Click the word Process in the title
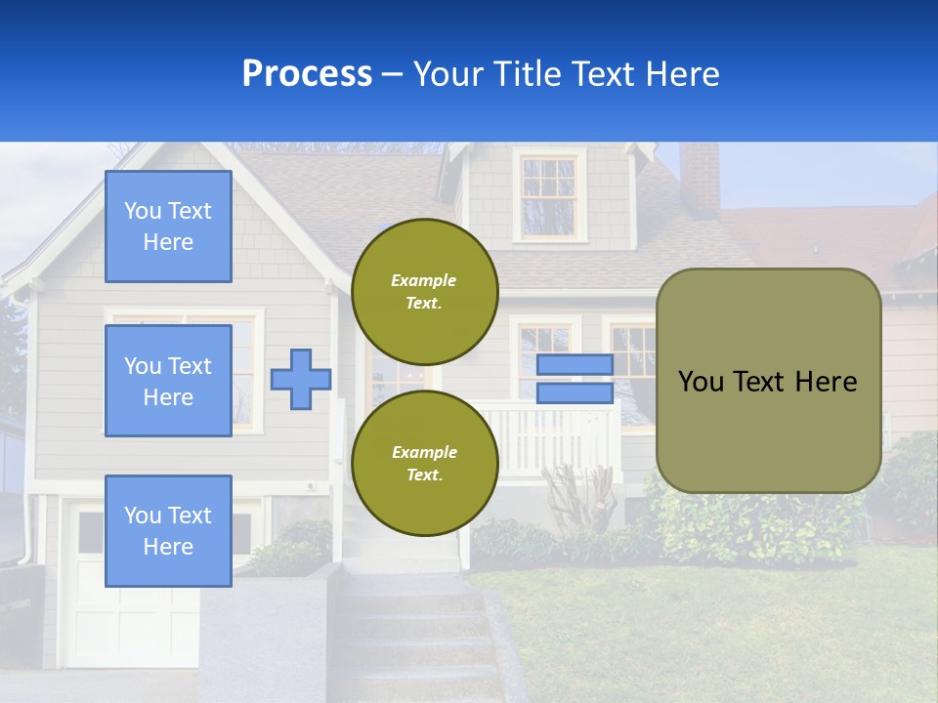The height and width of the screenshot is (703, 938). [307, 73]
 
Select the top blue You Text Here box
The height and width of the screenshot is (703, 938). [168, 227]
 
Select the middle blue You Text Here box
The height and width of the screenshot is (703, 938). [168, 381]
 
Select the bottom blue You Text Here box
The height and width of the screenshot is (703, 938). [168, 530]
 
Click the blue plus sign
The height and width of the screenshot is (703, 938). [301, 380]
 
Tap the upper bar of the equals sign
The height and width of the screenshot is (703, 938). [575, 364]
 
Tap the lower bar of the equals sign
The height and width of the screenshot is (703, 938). [575, 393]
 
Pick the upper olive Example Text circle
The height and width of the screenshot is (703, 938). [424, 291]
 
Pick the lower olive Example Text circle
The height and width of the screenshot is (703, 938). [424, 463]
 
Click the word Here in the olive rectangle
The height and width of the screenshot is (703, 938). [826, 382]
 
